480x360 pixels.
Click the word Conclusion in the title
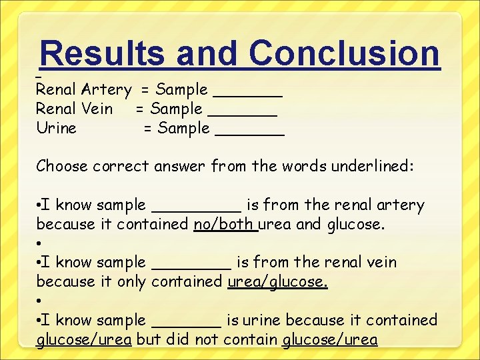pos(345,53)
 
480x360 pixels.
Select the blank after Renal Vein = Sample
pos(243,109)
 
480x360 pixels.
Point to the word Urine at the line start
pos(57,128)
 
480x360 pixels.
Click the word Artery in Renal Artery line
pos(107,89)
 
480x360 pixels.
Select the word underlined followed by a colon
pos(375,166)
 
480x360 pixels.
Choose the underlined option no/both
pos(225,225)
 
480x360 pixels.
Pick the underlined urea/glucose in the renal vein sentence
pos(277,282)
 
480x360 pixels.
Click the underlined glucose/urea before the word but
pos(84,340)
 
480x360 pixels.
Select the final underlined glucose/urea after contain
pos(330,340)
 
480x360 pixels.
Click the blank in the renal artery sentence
pos(197,205)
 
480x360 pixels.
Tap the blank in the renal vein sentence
pos(192,263)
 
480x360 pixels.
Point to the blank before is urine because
pos(187,321)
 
